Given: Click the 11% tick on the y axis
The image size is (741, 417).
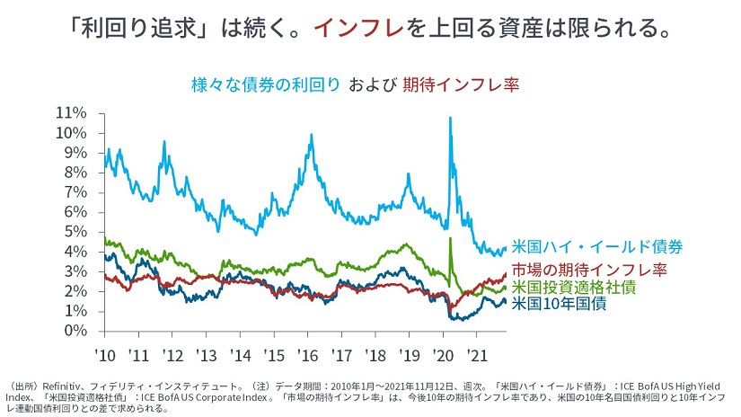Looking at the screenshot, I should (73, 113).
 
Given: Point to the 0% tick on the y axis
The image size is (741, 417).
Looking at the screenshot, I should (76, 332).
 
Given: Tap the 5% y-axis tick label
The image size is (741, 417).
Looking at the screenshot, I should (76, 232).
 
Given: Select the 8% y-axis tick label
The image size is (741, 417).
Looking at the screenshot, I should (76, 173).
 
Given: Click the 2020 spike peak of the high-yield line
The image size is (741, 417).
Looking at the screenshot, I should (449, 118).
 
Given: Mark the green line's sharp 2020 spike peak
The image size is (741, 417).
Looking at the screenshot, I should (449, 238).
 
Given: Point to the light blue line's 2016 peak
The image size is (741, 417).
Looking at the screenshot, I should (311, 136).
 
